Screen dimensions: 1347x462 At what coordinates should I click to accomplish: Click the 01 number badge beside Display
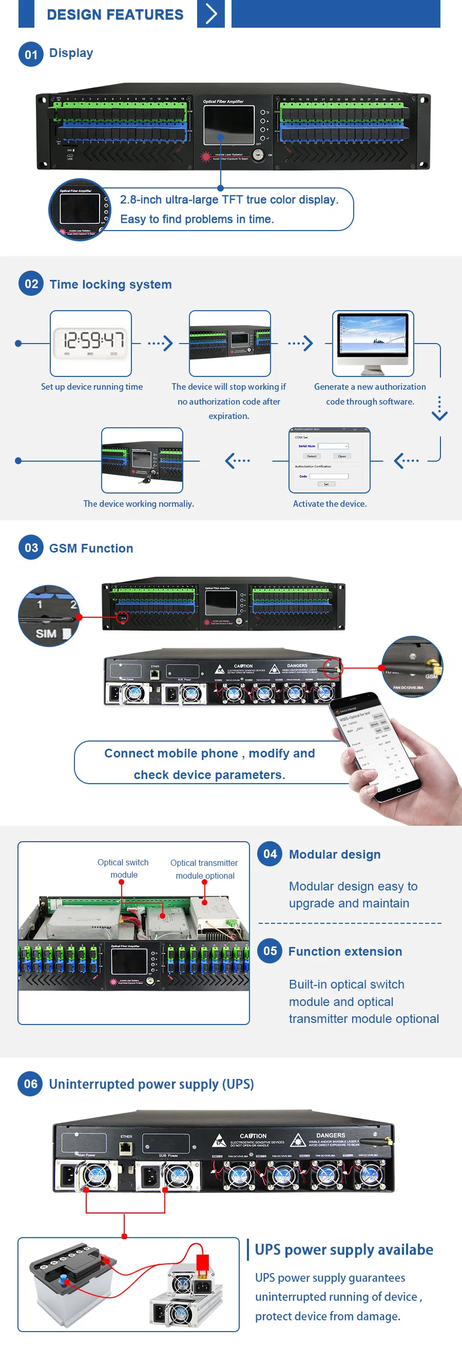pos(31,54)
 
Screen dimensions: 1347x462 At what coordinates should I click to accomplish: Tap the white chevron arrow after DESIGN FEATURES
pos(210,13)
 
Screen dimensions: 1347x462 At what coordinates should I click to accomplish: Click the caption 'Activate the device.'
pos(329,504)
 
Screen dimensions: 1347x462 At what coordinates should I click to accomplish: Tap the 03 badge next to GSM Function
pos(31,547)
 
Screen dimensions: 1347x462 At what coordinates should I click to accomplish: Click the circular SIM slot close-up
pos(49,615)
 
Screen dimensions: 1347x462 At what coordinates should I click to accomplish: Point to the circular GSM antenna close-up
pos(412,666)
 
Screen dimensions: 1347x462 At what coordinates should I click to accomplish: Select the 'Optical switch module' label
pos(123,868)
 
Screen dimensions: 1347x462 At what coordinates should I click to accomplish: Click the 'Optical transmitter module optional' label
pos(204,869)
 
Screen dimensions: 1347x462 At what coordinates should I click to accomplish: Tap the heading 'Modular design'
pos(335,854)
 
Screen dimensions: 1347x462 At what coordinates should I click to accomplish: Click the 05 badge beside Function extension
pos(269,951)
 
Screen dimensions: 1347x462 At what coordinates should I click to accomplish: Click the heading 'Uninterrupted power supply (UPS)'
pos(151,1084)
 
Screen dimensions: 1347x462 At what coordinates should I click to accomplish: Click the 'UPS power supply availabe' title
pos(343,1249)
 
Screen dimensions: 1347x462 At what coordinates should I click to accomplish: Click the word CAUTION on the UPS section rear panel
pos(253,1136)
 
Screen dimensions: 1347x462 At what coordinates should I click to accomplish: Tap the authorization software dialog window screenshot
pos(329,460)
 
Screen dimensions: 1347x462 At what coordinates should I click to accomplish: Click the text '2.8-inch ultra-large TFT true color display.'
pos(229,200)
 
